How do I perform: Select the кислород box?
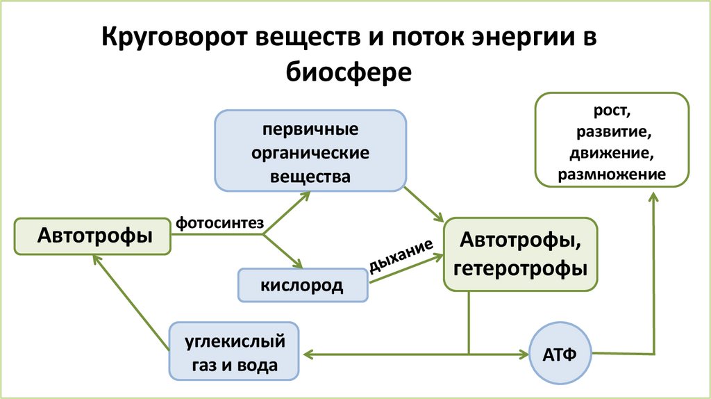(x=302, y=285)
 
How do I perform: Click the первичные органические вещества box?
(x=311, y=152)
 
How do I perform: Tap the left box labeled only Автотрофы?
(x=94, y=236)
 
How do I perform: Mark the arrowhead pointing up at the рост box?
(x=653, y=197)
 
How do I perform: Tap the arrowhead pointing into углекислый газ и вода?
(x=306, y=355)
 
